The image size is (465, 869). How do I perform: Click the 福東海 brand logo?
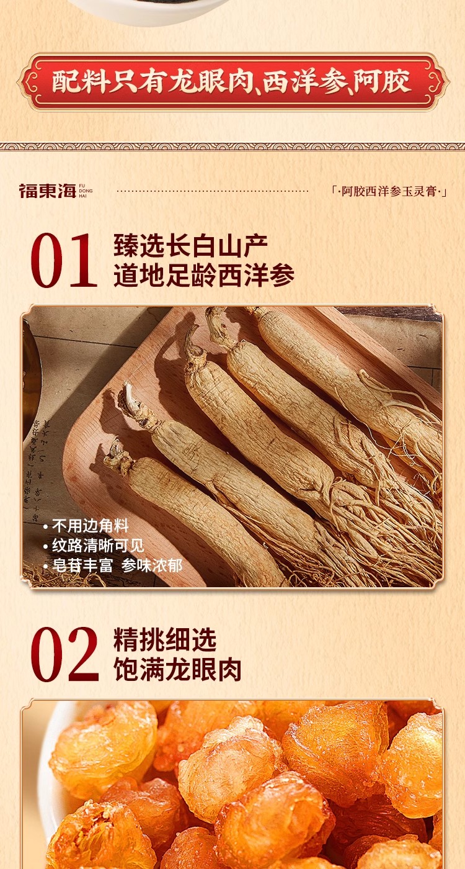pos(46,191)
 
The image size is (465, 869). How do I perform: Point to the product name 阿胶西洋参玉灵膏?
pos(389,191)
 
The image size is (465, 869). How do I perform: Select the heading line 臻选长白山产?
pos(191,246)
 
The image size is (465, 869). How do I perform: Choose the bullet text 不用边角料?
pos(89,526)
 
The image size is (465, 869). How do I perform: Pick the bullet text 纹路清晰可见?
pos(97,546)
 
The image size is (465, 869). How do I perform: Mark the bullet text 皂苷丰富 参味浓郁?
pos(117,565)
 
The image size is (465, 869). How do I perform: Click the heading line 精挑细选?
pos(165,640)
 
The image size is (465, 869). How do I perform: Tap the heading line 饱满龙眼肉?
pos(177,670)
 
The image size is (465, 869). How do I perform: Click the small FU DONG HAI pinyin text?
pos(86,191)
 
